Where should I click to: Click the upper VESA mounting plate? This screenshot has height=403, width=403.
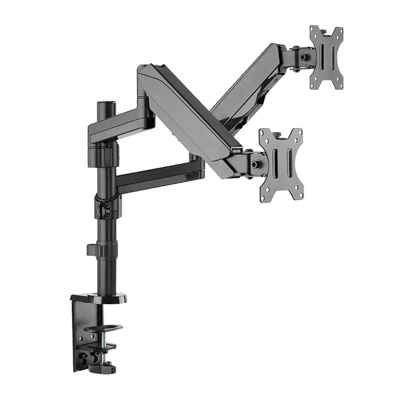pyautogui.click(x=326, y=57)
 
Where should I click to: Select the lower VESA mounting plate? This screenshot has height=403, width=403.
pyautogui.click(x=281, y=164)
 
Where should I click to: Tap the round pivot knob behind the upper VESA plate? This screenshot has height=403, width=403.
pyautogui.click(x=305, y=58)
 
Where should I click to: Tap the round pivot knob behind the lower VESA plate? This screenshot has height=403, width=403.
pyautogui.click(x=256, y=163)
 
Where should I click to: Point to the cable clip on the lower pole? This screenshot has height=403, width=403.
pyautogui.click(x=94, y=251)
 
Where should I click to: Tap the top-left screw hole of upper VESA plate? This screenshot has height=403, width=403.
pyautogui.click(x=314, y=32)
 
